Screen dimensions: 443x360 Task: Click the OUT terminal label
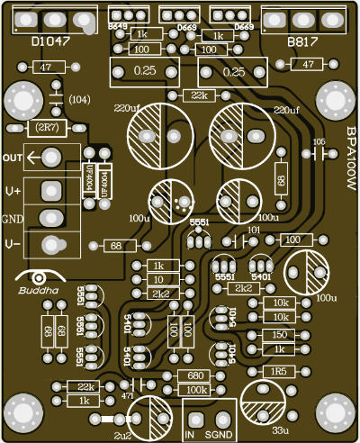[13, 158]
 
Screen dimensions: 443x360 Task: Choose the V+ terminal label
[13, 190]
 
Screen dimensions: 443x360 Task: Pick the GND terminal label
[13, 219]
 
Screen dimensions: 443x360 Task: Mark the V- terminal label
[13, 245]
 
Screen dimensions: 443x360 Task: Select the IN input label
[191, 434]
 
